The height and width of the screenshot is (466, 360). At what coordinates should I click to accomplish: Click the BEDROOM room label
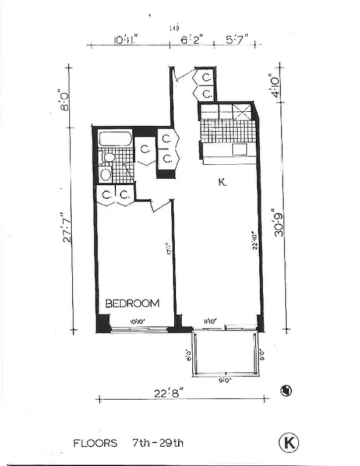pos(132,303)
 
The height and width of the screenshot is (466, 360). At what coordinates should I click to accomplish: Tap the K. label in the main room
pos(223,183)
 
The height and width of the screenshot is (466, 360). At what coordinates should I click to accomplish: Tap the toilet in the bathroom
pos(107,158)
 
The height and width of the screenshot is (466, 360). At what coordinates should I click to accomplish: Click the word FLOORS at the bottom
pos(95,443)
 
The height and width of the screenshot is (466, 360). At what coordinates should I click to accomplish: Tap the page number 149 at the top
pos(174,27)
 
